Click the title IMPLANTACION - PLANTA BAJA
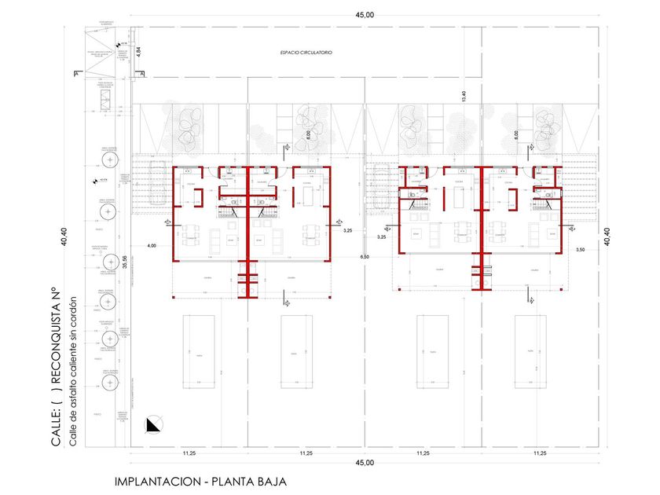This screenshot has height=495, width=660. [200, 482]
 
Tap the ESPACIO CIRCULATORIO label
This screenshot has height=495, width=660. [306, 53]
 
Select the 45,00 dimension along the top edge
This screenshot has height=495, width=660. [365, 14]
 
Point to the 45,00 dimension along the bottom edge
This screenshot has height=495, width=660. [365, 464]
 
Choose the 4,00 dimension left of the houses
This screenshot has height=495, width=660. [152, 246]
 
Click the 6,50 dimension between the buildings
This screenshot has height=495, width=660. [364, 257]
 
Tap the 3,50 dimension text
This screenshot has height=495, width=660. [581, 249]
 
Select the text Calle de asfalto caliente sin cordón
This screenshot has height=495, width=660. [73, 372]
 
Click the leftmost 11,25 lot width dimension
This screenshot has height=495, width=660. [189, 453]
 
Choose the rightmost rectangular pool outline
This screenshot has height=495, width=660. [530, 351]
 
